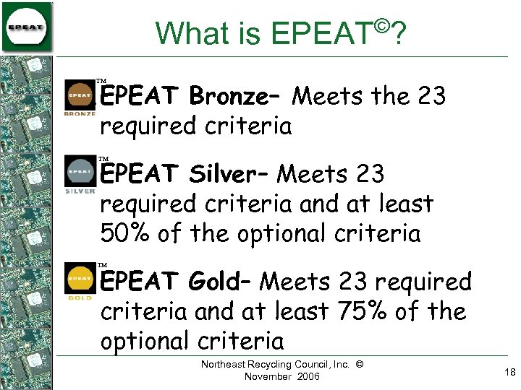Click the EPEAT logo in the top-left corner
click(27, 27)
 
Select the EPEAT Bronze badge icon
click(80, 98)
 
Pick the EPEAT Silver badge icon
click(80, 175)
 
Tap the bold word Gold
click(220, 281)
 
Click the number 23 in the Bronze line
click(431, 95)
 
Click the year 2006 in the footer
click(306, 377)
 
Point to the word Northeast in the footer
click(221, 365)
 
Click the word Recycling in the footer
click(266, 365)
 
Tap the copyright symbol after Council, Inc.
click(360, 365)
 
